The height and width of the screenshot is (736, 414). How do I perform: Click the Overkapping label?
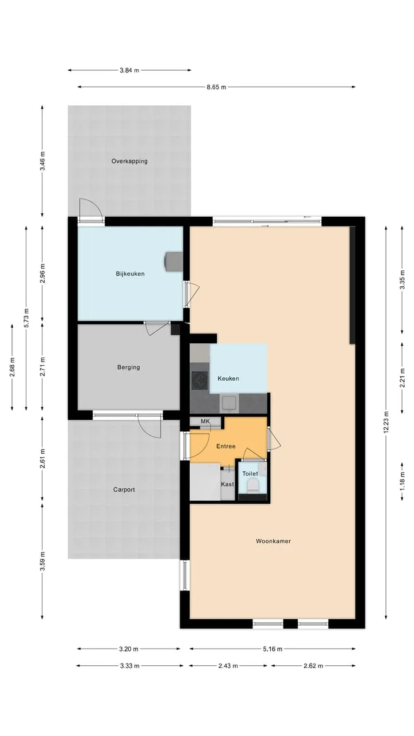tap(129, 162)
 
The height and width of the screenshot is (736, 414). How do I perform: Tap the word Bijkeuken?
tap(130, 274)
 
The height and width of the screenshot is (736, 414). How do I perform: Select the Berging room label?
tap(128, 367)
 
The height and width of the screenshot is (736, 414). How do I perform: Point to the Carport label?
tap(124, 489)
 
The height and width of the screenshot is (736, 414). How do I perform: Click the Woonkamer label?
tap(273, 541)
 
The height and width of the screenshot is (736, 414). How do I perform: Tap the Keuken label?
tap(228, 378)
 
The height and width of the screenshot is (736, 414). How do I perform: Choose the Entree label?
tap(226, 446)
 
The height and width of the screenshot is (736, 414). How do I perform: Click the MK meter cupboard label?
tap(205, 421)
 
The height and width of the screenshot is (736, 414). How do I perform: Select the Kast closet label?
tap(227, 484)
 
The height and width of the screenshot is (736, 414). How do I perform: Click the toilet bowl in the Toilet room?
tap(252, 485)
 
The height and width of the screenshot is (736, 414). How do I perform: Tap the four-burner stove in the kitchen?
tap(200, 381)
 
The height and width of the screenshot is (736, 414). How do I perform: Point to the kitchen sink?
tap(229, 403)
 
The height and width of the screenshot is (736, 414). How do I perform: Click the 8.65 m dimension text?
tap(216, 87)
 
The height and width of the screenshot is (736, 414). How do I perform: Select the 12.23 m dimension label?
tap(386, 422)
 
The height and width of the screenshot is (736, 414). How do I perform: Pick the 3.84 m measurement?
tap(129, 70)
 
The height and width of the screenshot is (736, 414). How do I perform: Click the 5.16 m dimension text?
tap(273, 649)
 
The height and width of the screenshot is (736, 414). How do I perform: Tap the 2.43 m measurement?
tap(228, 666)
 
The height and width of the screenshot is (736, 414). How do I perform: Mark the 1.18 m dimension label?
tap(402, 482)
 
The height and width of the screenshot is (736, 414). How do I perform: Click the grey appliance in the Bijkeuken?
tap(173, 262)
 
